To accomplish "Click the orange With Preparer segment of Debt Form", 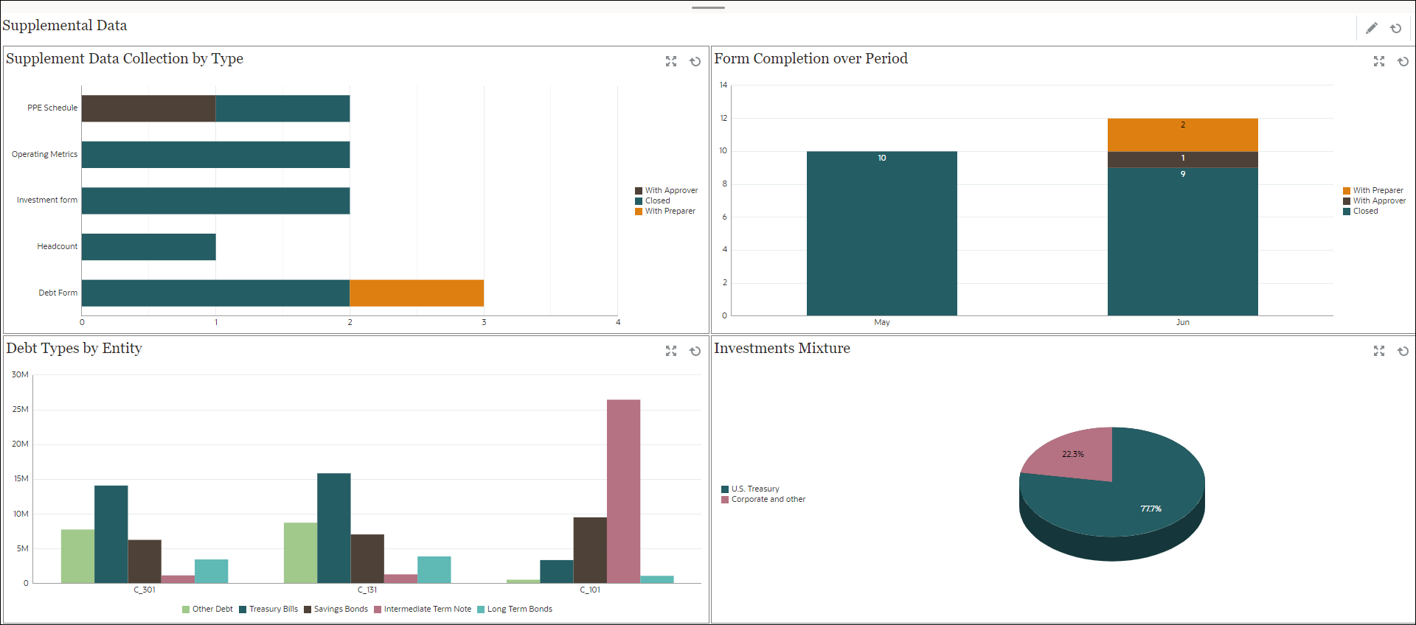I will click(x=417, y=293).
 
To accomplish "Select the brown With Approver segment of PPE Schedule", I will click(x=148, y=108).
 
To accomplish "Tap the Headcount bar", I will click(x=148, y=247).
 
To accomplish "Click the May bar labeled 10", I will click(x=881, y=233).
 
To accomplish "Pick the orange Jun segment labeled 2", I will click(x=1182, y=134).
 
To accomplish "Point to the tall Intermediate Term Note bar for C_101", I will click(x=623, y=491).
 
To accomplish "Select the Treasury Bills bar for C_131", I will click(x=333, y=528).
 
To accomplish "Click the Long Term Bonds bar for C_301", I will click(x=211, y=571).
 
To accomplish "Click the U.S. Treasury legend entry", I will click(x=754, y=489).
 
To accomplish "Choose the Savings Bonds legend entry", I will click(x=340, y=609).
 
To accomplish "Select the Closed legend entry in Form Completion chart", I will click(x=1365, y=211).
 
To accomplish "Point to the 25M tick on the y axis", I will click(x=21, y=409).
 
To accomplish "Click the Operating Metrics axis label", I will click(x=44, y=154).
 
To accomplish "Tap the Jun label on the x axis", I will click(x=1182, y=322).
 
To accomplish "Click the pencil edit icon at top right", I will click(x=1371, y=28).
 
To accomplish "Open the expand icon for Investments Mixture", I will click(x=1378, y=351).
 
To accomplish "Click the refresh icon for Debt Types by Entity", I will click(x=695, y=351).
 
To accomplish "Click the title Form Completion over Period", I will click(x=811, y=58).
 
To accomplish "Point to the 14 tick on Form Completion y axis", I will click(x=723, y=85).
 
